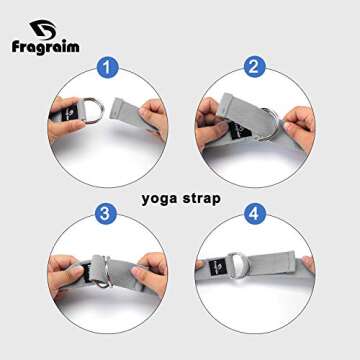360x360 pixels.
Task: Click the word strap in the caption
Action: [x=200, y=198]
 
